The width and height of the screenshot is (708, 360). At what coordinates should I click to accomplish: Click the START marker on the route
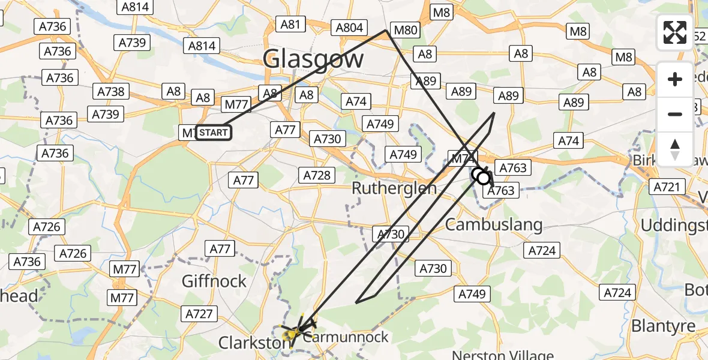[214, 133]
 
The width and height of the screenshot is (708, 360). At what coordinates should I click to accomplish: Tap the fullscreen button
[675, 32]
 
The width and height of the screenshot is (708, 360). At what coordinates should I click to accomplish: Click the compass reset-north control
[675, 149]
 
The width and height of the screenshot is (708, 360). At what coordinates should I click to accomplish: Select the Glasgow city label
[313, 59]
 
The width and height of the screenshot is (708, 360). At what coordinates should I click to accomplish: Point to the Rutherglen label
[394, 188]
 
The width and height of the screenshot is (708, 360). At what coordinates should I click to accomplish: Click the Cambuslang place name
[485, 225]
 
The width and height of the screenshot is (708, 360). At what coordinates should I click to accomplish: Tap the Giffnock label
[214, 281]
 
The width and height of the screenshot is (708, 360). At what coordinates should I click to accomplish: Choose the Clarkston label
[253, 343]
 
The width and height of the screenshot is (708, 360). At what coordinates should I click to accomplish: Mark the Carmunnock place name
[346, 337]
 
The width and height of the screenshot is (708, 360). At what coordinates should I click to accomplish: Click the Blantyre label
[663, 326]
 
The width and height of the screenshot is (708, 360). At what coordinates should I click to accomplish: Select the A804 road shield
[349, 28]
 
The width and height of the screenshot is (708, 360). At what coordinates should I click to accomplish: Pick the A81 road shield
[290, 24]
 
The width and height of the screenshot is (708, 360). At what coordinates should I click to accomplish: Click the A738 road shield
[111, 91]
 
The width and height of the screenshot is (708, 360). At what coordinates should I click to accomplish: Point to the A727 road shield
[199, 313]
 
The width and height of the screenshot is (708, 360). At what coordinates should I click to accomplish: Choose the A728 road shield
[316, 175]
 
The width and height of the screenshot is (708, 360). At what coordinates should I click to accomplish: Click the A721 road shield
[667, 187]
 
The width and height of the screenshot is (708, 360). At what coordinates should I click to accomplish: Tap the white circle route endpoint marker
[483, 178]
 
